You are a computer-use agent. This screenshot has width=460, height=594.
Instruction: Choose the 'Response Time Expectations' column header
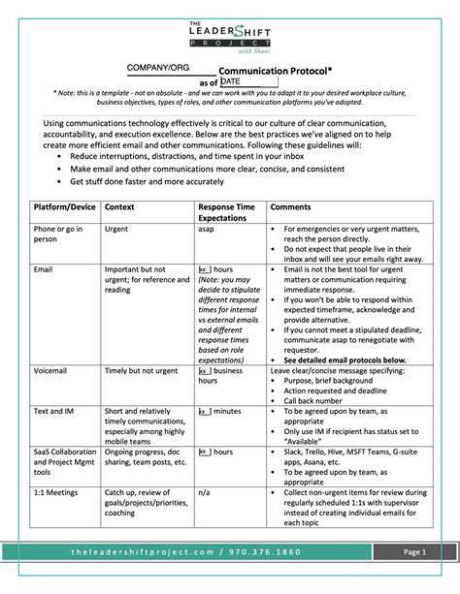pos(226,214)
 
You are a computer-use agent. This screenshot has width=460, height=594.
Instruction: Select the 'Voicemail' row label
pos(53,370)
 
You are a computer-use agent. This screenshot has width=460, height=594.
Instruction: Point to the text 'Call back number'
pos(316,400)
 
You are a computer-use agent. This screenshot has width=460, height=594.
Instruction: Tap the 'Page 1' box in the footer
pos(415,578)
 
